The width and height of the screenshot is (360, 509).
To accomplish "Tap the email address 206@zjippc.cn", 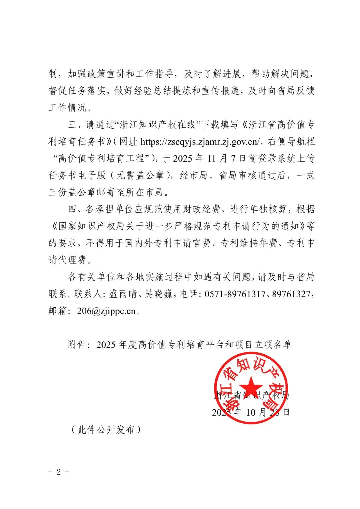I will pos(106,311).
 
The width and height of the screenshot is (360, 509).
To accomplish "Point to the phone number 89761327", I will pos(291,294).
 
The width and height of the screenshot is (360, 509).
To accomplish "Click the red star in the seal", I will pos(251,388).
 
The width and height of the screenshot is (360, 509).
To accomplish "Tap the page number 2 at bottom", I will pos(59,472).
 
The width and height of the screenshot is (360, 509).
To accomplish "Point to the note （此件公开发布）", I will pos(106,430).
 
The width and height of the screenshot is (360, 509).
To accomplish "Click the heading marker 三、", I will pos(77,125).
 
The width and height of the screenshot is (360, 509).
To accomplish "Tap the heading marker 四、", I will pos(77,209).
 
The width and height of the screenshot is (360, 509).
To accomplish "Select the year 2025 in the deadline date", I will pos(182,159).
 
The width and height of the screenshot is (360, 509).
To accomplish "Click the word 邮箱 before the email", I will pos(58,311).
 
